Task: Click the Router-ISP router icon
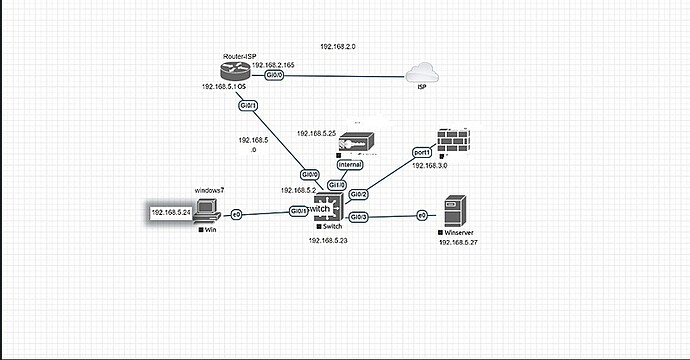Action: [x=236, y=73]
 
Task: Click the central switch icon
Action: [x=331, y=209]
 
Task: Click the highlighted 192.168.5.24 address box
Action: [x=171, y=213]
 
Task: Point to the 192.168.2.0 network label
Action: [x=337, y=47]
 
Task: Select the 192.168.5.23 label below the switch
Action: [x=330, y=242]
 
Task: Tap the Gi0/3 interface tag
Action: [x=359, y=217]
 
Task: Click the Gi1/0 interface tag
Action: [x=337, y=185]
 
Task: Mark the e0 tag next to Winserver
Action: [x=422, y=215]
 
